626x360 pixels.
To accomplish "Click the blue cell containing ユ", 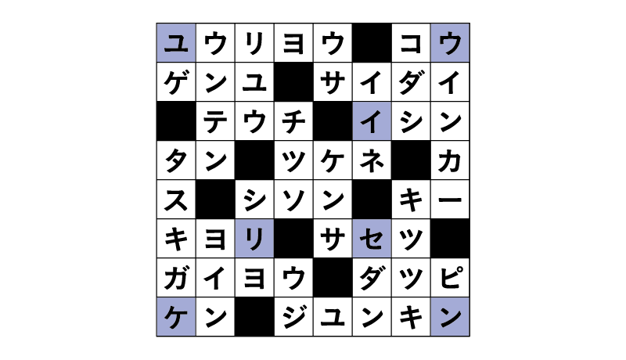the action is pos(176,43).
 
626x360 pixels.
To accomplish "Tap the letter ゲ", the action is pos(176,82).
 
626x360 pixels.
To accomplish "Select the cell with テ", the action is pos(215,121).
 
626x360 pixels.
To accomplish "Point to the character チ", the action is pos(293,121).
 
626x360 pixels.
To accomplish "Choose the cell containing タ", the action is pos(176,160).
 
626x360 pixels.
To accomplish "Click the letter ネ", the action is pos(372,160).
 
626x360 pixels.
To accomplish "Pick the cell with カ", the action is pos(450,160).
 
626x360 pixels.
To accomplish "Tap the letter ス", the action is pos(176,200).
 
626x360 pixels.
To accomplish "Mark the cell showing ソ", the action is pos(293,199).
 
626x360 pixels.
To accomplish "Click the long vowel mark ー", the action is pos(450,199).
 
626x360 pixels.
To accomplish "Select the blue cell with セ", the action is pos(372,238).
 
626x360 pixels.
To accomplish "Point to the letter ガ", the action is pos(176,278).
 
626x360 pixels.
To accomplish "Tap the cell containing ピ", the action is pos(450,277).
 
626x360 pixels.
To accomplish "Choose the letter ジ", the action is pos(293,317).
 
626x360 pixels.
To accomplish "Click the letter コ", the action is pos(411,43).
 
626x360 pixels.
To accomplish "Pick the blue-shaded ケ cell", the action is pos(176,316).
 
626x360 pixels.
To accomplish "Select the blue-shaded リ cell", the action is pos(254,238).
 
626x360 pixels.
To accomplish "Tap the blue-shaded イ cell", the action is pos(372,121).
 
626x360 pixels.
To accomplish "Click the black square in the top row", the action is pos(372,43).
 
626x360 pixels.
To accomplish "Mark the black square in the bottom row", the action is pos(254,316).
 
